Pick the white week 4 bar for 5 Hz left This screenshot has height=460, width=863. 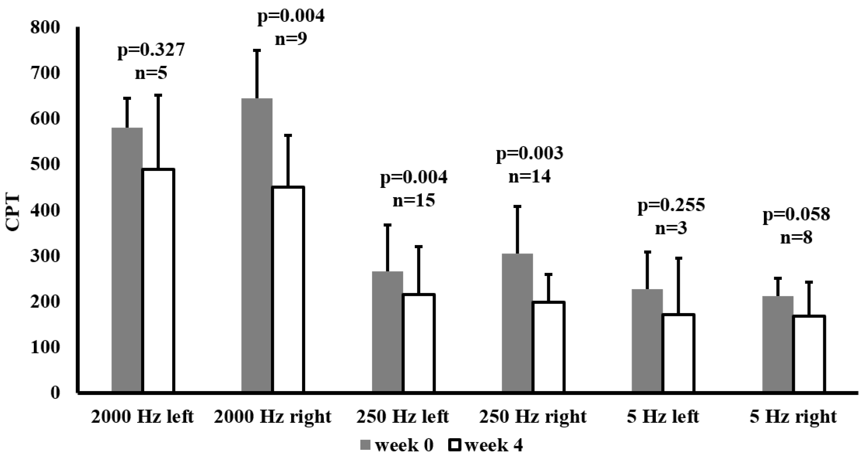(678, 353)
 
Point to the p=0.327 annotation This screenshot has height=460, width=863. (151, 50)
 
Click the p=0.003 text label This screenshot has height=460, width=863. (529, 154)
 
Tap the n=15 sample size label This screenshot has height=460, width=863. (414, 201)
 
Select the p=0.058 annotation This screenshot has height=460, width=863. (796, 214)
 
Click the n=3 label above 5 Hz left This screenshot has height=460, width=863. (671, 228)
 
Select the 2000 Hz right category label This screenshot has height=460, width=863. (272, 417)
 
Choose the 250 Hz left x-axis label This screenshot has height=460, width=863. (402, 417)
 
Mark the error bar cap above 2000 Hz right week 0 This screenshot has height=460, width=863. (257, 50)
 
